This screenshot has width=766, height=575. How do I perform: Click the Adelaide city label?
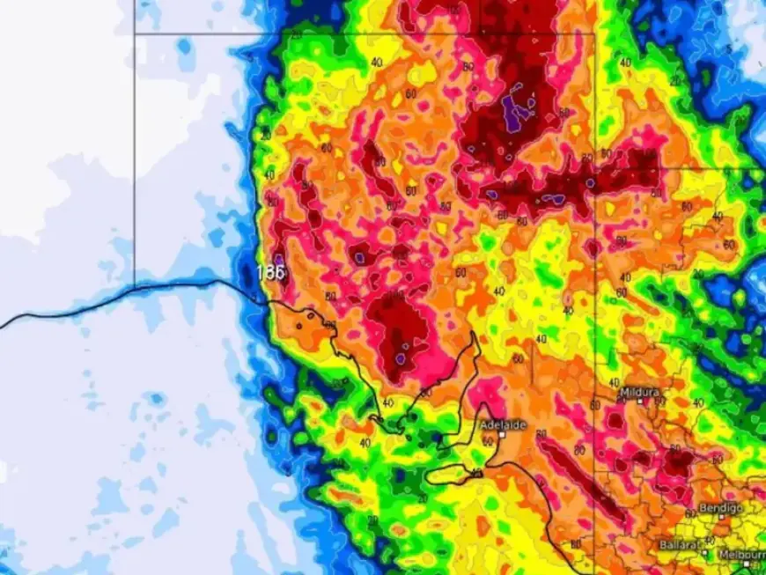[503, 424]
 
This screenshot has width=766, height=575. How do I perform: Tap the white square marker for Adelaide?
[501, 435]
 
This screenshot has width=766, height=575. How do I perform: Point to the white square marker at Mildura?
[641, 402]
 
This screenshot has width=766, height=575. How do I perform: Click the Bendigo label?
[720, 508]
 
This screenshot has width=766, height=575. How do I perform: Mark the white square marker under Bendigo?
[720, 518]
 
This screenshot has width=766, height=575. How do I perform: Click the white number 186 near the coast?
[271, 272]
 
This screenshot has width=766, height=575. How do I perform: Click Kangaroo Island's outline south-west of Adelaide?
[458, 475]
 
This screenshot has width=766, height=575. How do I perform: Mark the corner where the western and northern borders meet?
[135, 34]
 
